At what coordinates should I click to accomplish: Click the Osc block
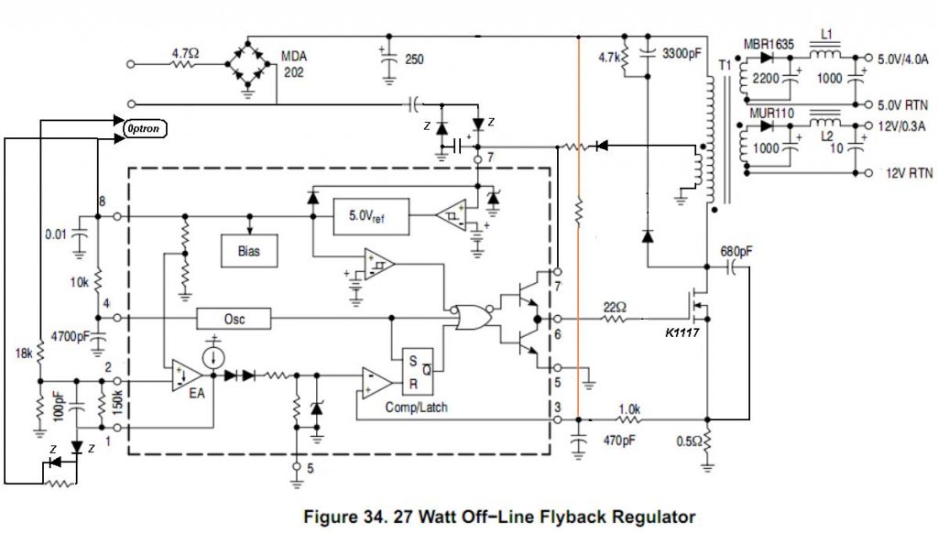click(x=234, y=318)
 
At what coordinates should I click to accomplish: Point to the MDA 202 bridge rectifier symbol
click(x=246, y=63)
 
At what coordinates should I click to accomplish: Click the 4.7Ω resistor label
click(x=184, y=54)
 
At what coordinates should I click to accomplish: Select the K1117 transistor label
click(x=683, y=333)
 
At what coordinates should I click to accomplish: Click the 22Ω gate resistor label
click(x=616, y=307)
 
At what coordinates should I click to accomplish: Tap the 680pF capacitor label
click(x=739, y=250)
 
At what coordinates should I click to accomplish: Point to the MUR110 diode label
click(x=768, y=113)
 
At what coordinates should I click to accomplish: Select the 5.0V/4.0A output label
click(x=904, y=58)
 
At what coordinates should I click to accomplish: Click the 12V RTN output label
click(x=908, y=172)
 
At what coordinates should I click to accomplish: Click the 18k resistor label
click(x=23, y=351)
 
